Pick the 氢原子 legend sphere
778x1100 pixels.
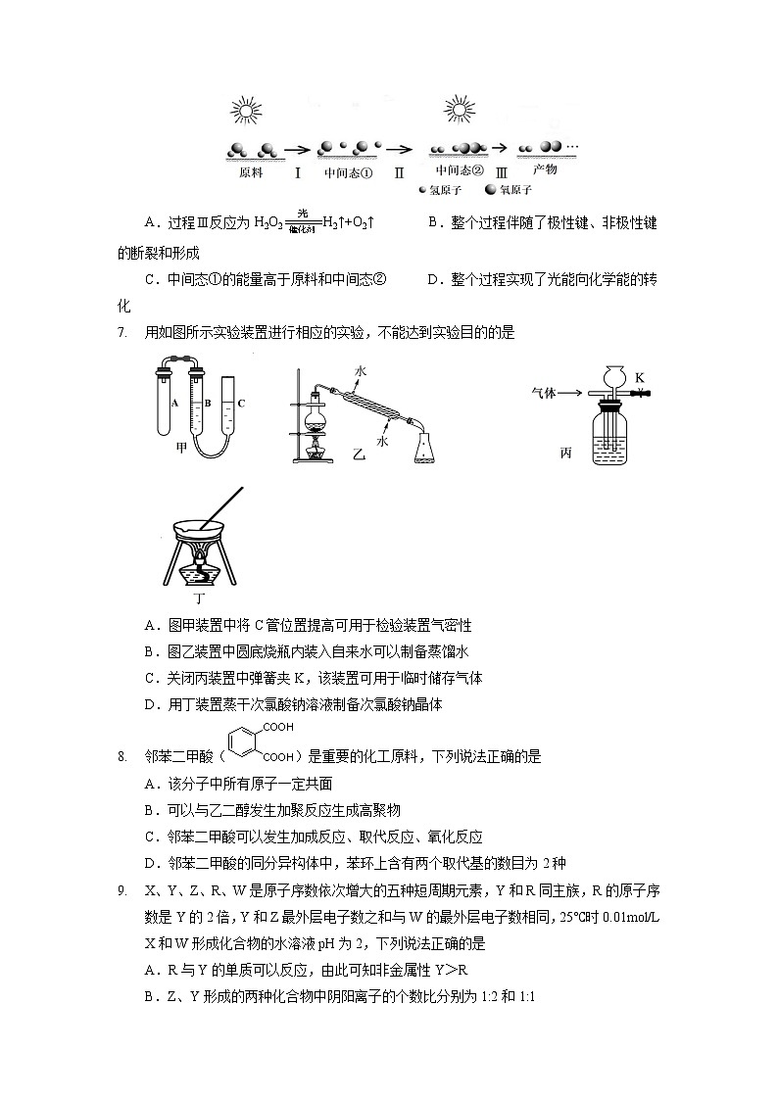click(x=422, y=190)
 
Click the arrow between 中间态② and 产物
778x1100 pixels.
click(x=500, y=148)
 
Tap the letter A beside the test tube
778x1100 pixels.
click(x=172, y=403)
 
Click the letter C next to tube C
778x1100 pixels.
click(x=240, y=403)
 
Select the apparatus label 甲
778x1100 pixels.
click(x=181, y=448)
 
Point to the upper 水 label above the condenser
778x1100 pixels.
click(x=361, y=372)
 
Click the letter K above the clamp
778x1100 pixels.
click(x=639, y=377)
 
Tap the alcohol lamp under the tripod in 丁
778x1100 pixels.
click(x=202, y=571)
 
